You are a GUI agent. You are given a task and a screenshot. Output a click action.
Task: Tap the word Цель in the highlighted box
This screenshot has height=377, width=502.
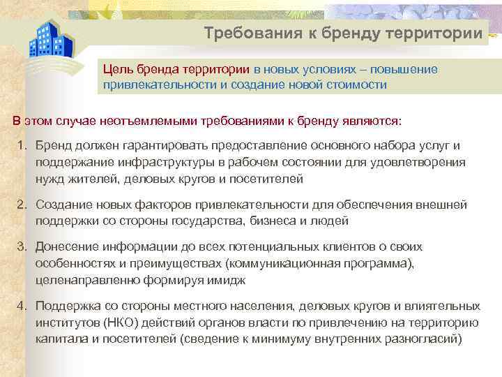tap(117, 69)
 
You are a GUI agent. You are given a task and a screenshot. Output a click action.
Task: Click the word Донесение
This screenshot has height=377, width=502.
tap(67, 246)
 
